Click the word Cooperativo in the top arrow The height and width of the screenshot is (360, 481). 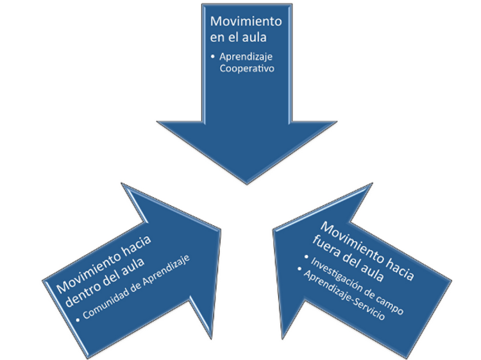247,69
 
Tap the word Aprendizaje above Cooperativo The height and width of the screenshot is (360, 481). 246,57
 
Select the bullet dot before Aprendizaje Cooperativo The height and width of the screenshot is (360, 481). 213,56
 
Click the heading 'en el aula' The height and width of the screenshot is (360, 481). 239,37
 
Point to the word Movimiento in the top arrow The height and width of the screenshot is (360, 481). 246,21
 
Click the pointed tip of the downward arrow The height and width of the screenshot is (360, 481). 247,184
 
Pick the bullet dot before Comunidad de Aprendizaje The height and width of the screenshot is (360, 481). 78,320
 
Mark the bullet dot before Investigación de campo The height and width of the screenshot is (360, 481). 306,255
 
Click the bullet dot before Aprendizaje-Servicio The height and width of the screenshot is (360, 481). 300,268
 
